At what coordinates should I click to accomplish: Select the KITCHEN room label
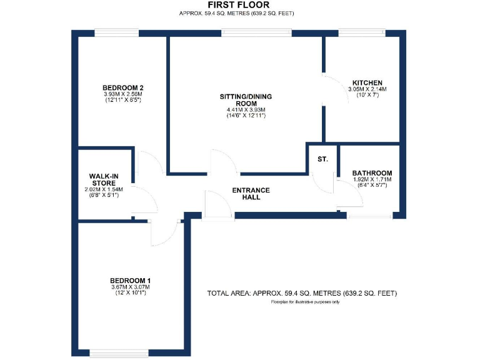pos(367,82)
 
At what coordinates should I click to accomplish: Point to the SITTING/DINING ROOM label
pos(246,99)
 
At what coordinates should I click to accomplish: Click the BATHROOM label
pos(372,173)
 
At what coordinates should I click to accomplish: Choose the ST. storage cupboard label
pos(322,160)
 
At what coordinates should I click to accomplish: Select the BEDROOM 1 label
pos(130,280)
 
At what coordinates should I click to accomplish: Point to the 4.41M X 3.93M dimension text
pos(246,111)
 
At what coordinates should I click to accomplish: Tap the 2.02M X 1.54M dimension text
pos(104,189)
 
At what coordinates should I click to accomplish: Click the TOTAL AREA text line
pos(302,293)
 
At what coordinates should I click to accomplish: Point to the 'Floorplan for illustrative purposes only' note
pos(305,302)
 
